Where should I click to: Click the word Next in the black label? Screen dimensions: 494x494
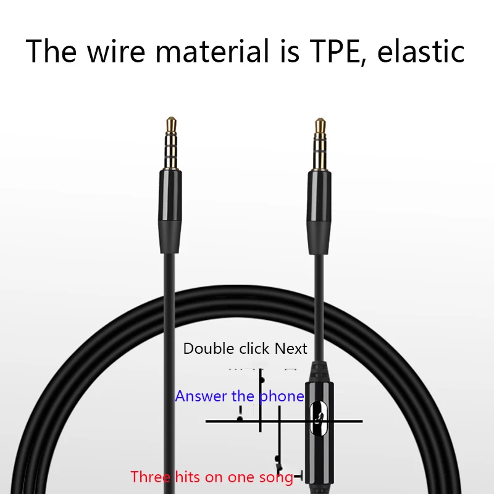click(291, 349)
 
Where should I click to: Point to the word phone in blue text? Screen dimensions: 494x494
click(282, 396)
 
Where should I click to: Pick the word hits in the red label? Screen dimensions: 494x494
click(189, 477)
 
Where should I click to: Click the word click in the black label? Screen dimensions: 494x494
click(253, 349)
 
